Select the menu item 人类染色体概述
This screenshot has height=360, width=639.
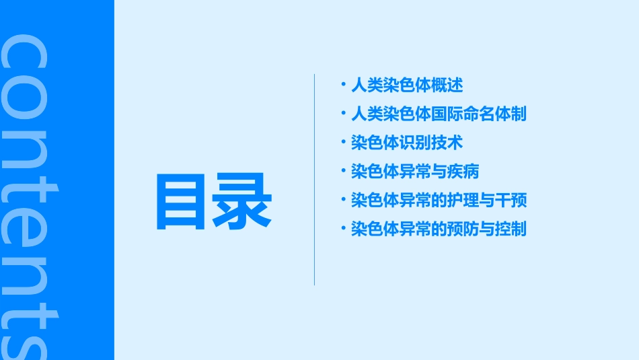pyautogui.click(x=407, y=85)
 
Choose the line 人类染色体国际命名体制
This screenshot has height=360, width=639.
pyautogui.click(x=439, y=114)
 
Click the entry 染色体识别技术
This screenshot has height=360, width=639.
pyautogui.click(x=407, y=143)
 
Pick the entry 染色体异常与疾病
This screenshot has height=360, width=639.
pyautogui.click(x=415, y=172)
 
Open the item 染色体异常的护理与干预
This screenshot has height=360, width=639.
pyautogui.click(x=439, y=200)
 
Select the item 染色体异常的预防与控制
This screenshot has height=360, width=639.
pyautogui.click(x=439, y=229)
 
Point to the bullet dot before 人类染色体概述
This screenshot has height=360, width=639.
pyautogui.click(x=343, y=85)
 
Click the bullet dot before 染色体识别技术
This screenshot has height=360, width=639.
pyautogui.click(x=343, y=142)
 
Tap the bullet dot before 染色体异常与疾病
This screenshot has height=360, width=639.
pyautogui.click(x=343, y=171)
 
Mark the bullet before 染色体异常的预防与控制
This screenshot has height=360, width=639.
pyautogui.click(x=343, y=228)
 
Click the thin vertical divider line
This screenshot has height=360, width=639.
pyautogui.click(x=314, y=179)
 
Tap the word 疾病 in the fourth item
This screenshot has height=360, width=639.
pyautogui.click(x=463, y=172)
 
